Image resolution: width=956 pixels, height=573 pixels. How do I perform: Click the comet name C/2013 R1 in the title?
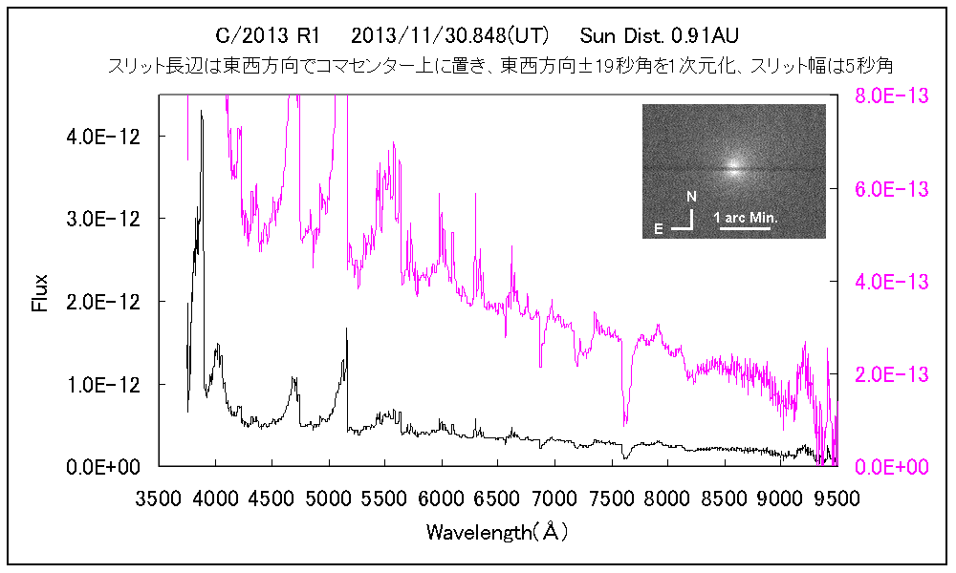[268, 36]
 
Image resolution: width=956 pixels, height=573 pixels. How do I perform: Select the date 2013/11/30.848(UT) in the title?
[450, 36]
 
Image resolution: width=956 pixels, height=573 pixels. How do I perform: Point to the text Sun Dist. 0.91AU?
[660, 36]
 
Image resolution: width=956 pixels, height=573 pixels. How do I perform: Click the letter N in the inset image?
[691, 196]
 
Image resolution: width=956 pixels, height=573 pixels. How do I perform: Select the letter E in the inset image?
[658, 229]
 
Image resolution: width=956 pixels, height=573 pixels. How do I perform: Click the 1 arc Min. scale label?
[747, 218]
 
